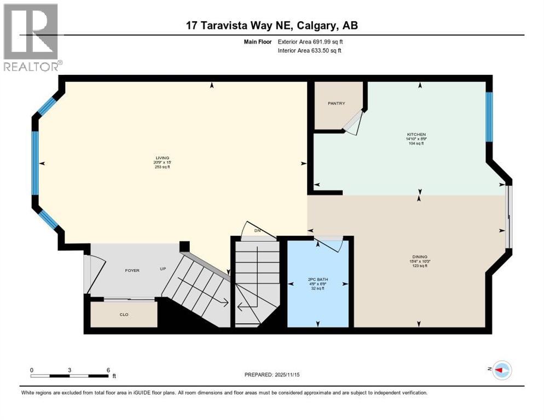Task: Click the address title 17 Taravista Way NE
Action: click(271, 25)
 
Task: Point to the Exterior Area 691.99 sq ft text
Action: click(310, 41)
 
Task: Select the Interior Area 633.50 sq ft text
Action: click(310, 50)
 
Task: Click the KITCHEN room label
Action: click(416, 135)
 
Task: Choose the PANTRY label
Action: click(336, 103)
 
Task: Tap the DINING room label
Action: click(420, 257)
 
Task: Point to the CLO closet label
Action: click(124, 314)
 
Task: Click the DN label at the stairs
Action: click(257, 230)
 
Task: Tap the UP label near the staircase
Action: click(163, 269)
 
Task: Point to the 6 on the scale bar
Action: click(108, 370)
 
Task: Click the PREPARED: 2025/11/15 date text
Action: click(272, 375)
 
